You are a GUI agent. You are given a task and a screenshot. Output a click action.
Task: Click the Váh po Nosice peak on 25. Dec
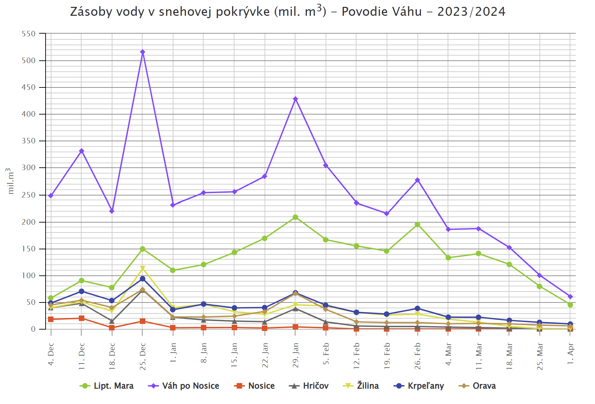coord(143,52)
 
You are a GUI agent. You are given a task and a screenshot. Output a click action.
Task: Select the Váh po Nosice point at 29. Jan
coord(295,99)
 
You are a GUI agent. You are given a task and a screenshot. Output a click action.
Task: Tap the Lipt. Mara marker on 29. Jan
coord(295,217)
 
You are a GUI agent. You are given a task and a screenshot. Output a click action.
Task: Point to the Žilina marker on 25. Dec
coord(143,269)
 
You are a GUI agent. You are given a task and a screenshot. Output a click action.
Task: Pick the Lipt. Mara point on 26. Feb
coord(417,225)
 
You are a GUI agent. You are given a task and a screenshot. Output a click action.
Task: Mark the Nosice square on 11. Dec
coord(82,318)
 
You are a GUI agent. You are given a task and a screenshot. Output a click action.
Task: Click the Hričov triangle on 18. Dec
coord(112,321)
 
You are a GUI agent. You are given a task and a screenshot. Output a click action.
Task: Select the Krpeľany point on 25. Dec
coord(143,279)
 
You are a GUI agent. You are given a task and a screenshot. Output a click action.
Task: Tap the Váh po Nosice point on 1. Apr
coord(570,297)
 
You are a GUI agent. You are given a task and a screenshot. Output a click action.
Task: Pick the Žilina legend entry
coord(361,386)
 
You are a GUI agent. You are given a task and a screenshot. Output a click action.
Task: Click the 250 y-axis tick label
coord(28,195)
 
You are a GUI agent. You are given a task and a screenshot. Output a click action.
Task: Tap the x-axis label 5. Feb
coord(326,353)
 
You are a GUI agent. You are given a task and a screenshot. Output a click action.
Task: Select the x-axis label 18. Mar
coord(509,356)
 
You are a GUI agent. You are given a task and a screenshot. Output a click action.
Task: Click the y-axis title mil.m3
coord(10,181)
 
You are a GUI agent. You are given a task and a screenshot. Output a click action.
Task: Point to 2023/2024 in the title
coord(471,12)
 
